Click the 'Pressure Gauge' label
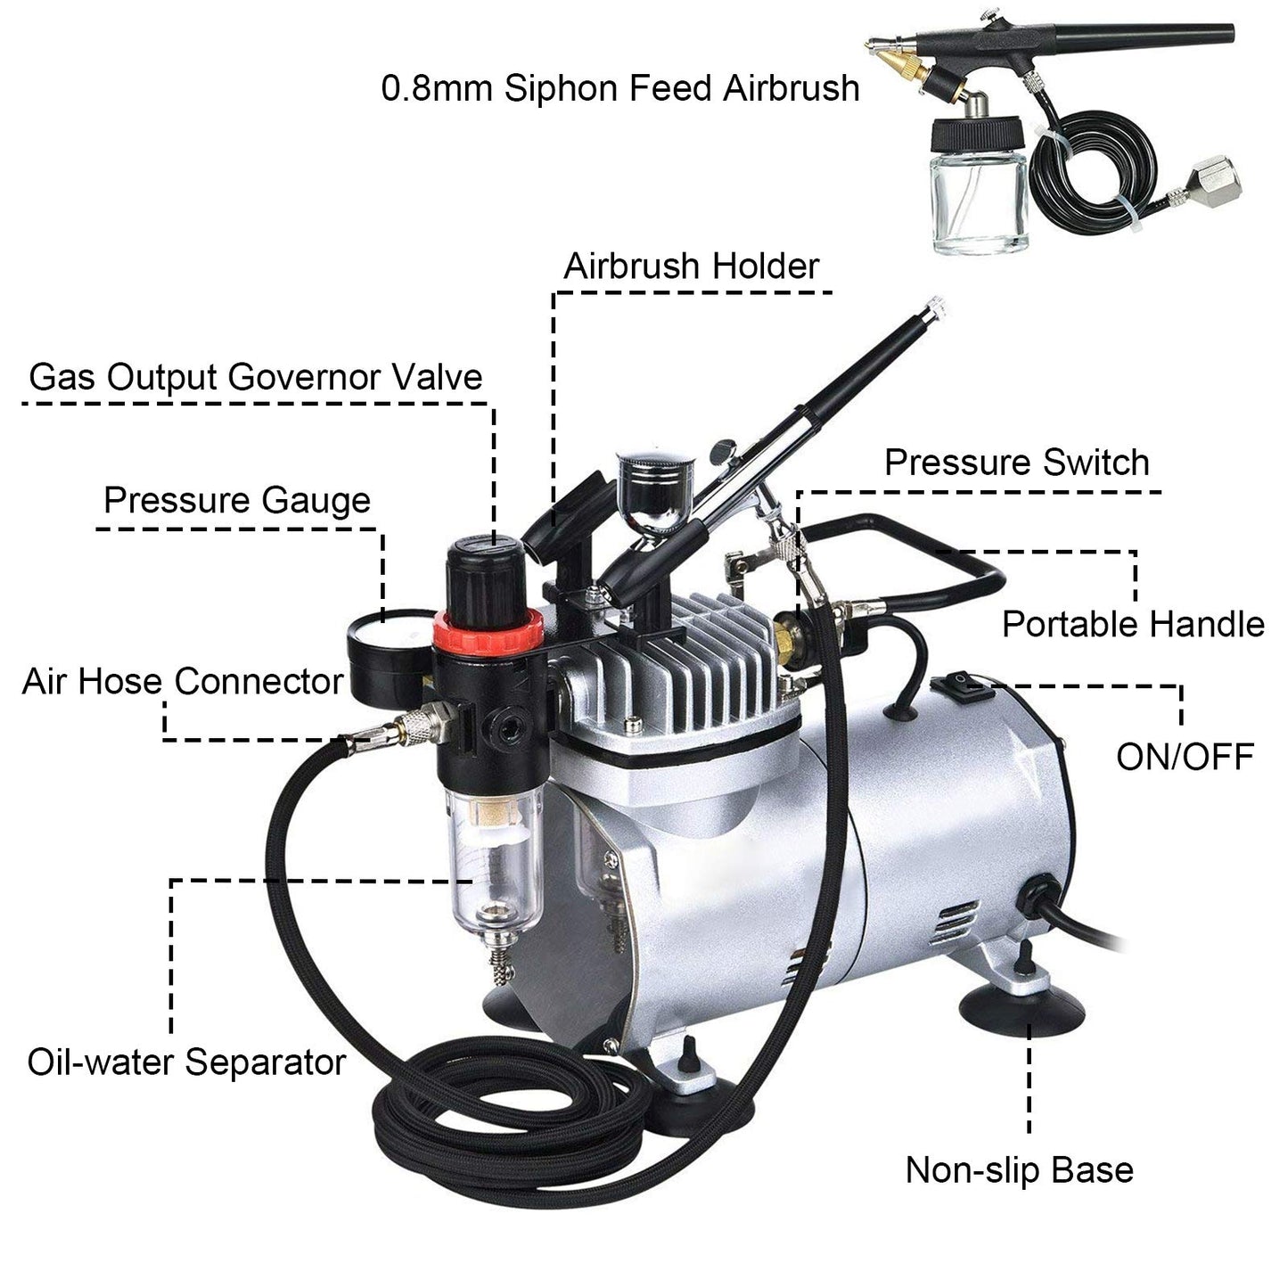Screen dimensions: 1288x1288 coord(236,500)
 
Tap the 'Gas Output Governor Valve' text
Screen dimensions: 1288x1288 coord(256,377)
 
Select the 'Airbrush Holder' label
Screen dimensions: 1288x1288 coord(691,266)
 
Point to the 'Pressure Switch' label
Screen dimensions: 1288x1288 coord(1016,464)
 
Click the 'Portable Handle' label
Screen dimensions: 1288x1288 coord(1133,624)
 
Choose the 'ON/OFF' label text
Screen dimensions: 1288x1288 coord(1185,757)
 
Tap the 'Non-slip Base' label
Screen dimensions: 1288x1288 coord(1019,1169)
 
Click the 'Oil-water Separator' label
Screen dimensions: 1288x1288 coord(186,1062)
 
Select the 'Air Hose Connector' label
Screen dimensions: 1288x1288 coord(183,682)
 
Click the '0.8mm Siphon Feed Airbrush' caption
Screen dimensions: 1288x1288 coord(620,88)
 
